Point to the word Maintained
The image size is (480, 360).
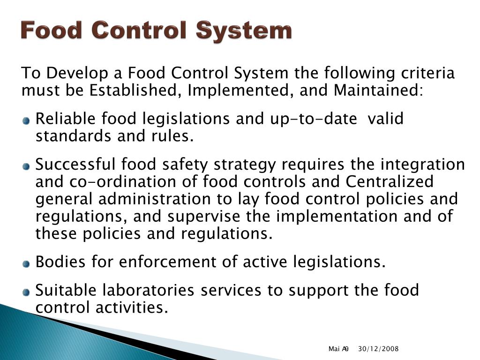click(x=378, y=90)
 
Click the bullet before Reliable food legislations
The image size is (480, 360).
click(x=26, y=121)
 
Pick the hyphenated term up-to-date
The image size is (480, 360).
click(x=313, y=119)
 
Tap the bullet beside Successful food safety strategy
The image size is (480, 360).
click(x=26, y=166)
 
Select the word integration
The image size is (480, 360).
click(x=422, y=165)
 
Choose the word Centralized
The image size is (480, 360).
click(x=390, y=181)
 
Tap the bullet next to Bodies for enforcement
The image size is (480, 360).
click(x=26, y=263)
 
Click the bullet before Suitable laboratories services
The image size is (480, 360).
click(x=26, y=292)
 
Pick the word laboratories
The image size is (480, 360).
click(x=149, y=291)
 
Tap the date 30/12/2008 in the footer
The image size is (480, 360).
click(x=378, y=349)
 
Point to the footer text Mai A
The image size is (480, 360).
click(x=338, y=349)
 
